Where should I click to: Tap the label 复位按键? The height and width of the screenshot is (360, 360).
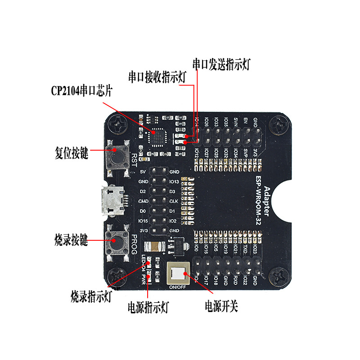click(71, 153)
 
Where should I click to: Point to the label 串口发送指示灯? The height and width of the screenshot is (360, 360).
click(221, 64)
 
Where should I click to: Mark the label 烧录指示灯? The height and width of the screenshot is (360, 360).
click(91, 297)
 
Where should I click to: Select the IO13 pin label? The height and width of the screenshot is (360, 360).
click(175, 182)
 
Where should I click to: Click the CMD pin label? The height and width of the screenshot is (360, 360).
click(143, 201)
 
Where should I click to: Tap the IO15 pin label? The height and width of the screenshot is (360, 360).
click(143, 220)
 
